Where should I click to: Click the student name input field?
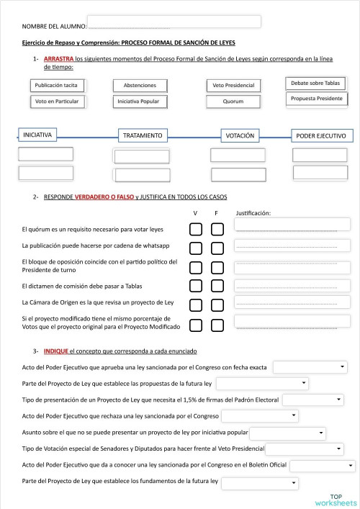(x=174, y=22)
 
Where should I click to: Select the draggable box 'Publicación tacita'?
(x=56, y=85)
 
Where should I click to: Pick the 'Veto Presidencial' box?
(x=233, y=85)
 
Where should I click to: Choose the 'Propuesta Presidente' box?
(x=317, y=98)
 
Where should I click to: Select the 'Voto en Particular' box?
(x=56, y=102)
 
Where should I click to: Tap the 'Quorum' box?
(x=233, y=102)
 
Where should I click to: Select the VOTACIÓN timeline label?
(x=240, y=135)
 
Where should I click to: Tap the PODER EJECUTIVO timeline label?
(x=321, y=135)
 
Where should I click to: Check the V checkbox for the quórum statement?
(x=195, y=230)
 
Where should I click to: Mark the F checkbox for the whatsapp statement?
(x=217, y=248)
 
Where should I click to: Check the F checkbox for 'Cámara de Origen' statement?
(x=217, y=304)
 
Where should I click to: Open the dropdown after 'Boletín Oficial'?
(x=322, y=466)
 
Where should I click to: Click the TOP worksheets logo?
(x=335, y=500)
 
